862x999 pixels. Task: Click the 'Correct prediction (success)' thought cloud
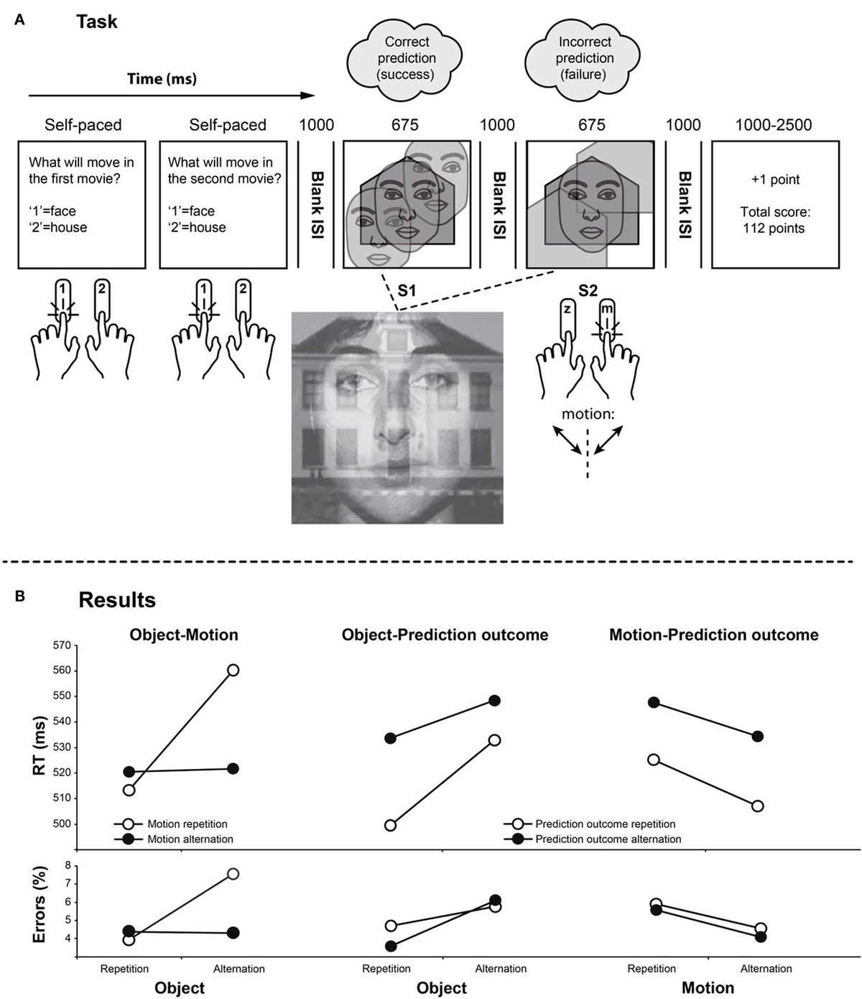point(407,58)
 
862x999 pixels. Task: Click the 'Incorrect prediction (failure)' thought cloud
point(584,58)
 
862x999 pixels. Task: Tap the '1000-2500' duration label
point(774,125)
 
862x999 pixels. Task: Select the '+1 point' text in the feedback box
point(775,180)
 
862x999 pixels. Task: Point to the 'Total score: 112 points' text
point(775,220)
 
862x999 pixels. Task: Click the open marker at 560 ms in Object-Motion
point(233,670)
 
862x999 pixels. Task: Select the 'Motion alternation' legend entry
point(190,839)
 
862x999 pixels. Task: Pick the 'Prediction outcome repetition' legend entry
point(605,824)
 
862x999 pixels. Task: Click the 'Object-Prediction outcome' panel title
point(445,635)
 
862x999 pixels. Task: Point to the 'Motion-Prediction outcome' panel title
point(713,635)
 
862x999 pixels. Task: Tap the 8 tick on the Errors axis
point(68,865)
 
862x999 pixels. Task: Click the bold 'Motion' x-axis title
point(708,988)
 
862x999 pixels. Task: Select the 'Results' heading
point(117,600)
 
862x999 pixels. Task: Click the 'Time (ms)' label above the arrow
point(162,79)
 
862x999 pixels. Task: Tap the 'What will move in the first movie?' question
point(81,170)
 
